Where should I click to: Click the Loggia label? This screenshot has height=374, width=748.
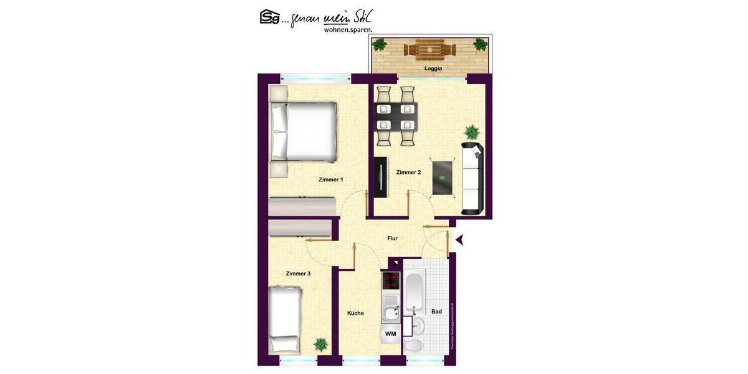433,69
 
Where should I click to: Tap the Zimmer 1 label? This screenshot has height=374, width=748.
330,180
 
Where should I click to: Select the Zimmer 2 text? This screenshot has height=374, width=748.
408,173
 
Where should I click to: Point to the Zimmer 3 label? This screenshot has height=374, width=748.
298,274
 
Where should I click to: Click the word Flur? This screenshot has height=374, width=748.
392,238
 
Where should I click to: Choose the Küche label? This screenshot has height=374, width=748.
355,313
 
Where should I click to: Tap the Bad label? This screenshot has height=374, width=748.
436,312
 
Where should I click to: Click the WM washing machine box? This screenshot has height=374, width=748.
391,335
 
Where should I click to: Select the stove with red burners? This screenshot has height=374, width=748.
391,281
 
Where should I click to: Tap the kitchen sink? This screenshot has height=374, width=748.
391,313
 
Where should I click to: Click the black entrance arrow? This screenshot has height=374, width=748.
459,239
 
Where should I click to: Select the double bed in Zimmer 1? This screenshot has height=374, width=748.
303,132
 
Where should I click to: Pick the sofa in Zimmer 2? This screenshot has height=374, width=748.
472,178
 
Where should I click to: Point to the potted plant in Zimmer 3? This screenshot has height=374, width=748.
320,344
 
